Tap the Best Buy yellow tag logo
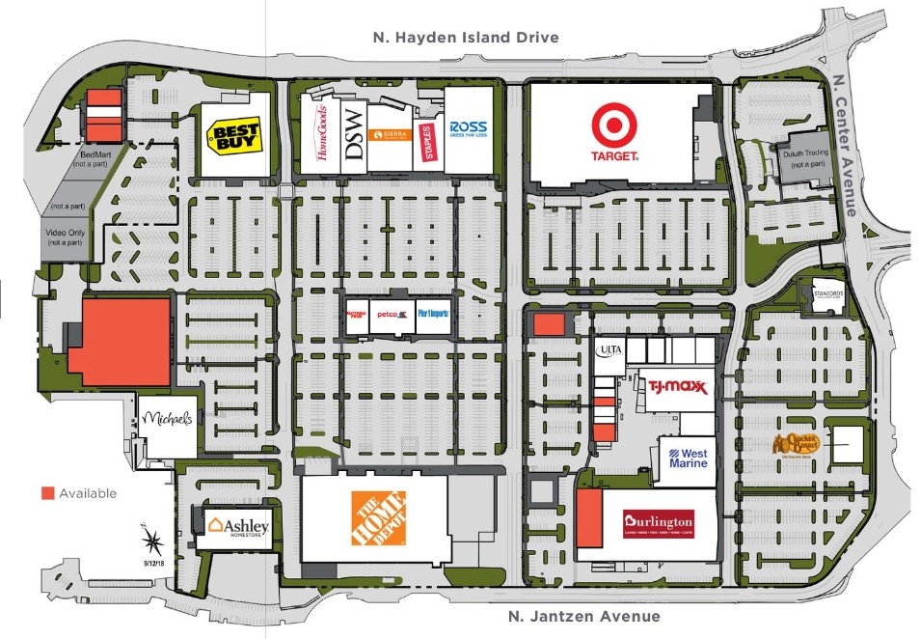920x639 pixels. click(235, 134)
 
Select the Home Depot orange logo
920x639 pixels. click(378, 518)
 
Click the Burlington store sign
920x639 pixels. click(658, 522)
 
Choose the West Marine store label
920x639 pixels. click(688, 457)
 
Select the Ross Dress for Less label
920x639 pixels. click(468, 129)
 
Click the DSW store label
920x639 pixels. click(354, 134)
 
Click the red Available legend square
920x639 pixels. click(47, 493)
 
